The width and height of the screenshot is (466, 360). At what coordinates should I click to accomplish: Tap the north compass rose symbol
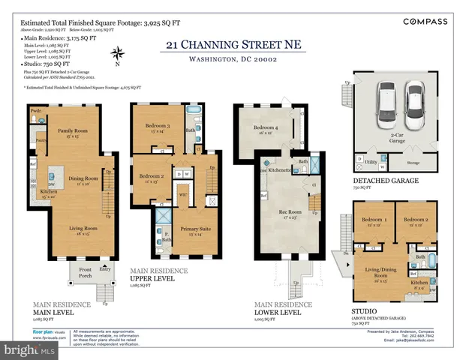pos(117,53)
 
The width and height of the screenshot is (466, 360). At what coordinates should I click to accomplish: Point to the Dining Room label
pos(84,179)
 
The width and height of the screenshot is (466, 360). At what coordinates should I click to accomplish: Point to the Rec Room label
pos(289,213)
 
